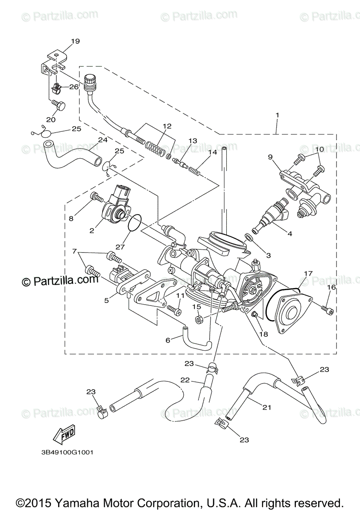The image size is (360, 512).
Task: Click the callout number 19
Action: (x=75, y=41)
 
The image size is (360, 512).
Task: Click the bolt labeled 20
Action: (x=59, y=105)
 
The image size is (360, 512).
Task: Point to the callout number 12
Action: (x=167, y=126)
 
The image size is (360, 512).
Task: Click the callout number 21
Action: (x=266, y=407)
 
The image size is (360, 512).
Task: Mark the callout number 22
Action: (x=184, y=380)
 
